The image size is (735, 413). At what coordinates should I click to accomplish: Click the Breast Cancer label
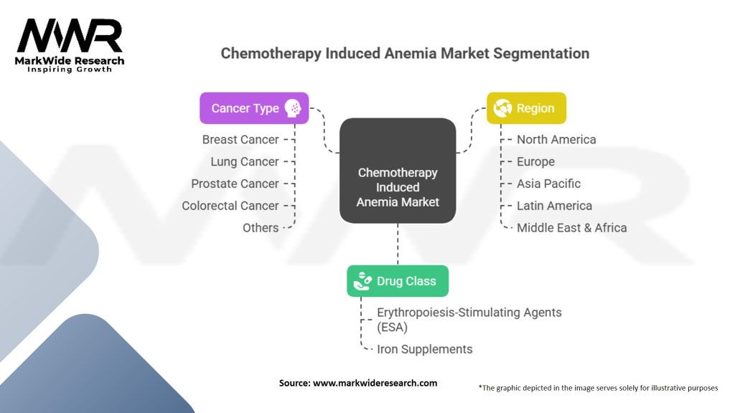(x=240, y=140)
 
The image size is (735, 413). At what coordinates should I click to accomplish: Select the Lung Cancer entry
(x=245, y=161)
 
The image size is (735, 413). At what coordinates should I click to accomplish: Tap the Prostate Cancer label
(x=235, y=184)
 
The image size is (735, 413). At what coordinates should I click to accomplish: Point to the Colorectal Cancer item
(x=230, y=206)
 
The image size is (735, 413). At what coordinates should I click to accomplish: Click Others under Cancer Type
(x=261, y=227)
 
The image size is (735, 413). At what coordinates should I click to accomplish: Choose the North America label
(x=556, y=140)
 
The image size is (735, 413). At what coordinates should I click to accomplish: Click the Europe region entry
(x=535, y=161)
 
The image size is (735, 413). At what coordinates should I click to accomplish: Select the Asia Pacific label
(x=548, y=184)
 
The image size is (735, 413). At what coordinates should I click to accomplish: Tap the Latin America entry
(x=554, y=206)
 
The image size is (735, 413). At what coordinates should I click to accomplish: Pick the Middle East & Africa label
(x=571, y=227)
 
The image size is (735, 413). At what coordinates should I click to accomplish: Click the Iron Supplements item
(x=425, y=349)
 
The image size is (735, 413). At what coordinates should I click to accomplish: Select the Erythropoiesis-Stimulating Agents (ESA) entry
(x=469, y=319)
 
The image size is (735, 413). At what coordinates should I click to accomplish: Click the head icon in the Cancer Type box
(x=293, y=108)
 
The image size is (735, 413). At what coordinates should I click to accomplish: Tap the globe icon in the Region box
(x=502, y=108)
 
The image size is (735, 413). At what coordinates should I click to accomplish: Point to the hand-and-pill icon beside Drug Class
(x=362, y=281)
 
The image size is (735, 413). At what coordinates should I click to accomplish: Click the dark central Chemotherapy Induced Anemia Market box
(x=398, y=171)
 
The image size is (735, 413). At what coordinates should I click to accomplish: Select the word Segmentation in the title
(x=541, y=53)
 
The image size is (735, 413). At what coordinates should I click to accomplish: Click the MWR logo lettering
(x=70, y=36)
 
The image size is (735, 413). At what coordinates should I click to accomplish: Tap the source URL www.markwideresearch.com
(x=375, y=383)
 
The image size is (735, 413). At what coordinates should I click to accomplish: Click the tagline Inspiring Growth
(x=70, y=70)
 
